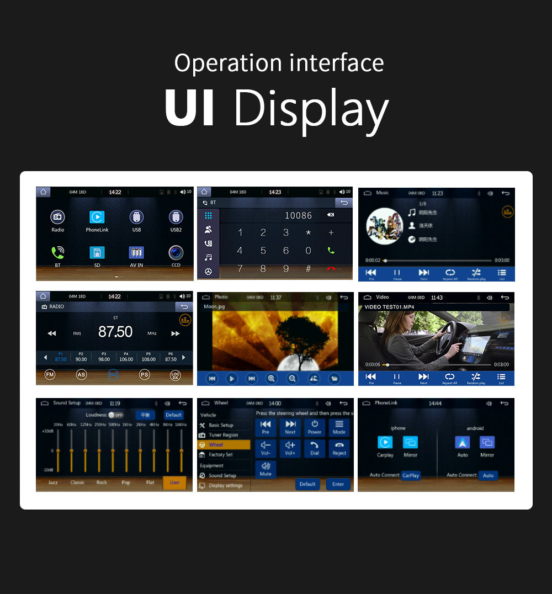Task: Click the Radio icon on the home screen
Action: click(x=58, y=217)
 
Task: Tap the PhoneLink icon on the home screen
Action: click(x=97, y=217)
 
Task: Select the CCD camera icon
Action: click(x=176, y=252)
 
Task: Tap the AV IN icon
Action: click(x=136, y=252)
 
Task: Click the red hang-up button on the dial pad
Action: click(x=331, y=269)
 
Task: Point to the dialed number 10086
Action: click(x=299, y=216)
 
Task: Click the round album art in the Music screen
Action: click(x=384, y=226)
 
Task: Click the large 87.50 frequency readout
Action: click(x=115, y=332)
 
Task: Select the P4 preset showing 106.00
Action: click(x=126, y=357)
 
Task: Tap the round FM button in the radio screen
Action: click(x=50, y=375)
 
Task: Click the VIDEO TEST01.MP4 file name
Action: click(x=389, y=307)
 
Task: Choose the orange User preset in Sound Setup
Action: click(x=174, y=482)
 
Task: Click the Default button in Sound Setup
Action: click(x=174, y=415)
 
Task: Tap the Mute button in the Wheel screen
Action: click(x=266, y=469)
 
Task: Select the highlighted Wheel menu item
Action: click(x=224, y=445)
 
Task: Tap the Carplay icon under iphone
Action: click(x=385, y=443)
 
